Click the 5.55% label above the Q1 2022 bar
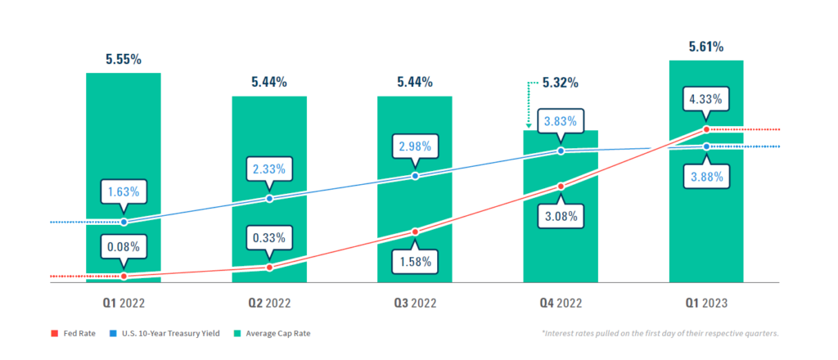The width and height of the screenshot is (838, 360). (123, 59)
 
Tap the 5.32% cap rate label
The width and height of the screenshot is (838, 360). (561, 83)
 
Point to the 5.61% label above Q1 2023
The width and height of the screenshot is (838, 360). (705, 47)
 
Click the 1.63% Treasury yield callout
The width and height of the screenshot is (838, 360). (124, 192)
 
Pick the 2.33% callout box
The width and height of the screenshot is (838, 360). (269, 169)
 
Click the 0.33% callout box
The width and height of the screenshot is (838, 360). (269, 238)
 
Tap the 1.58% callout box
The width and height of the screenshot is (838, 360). (415, 262)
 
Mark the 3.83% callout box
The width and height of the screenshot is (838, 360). (561, 122)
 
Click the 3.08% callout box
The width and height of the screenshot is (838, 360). (561, 217)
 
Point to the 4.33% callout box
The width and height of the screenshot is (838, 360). (705, 100)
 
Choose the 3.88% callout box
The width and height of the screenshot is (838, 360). (705, 177)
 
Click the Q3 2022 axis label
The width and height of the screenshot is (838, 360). (415, 303)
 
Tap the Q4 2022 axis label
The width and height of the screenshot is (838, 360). (561, 303)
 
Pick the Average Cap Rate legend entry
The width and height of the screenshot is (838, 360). (275, 334)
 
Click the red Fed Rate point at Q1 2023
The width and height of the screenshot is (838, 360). (706, 129)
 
